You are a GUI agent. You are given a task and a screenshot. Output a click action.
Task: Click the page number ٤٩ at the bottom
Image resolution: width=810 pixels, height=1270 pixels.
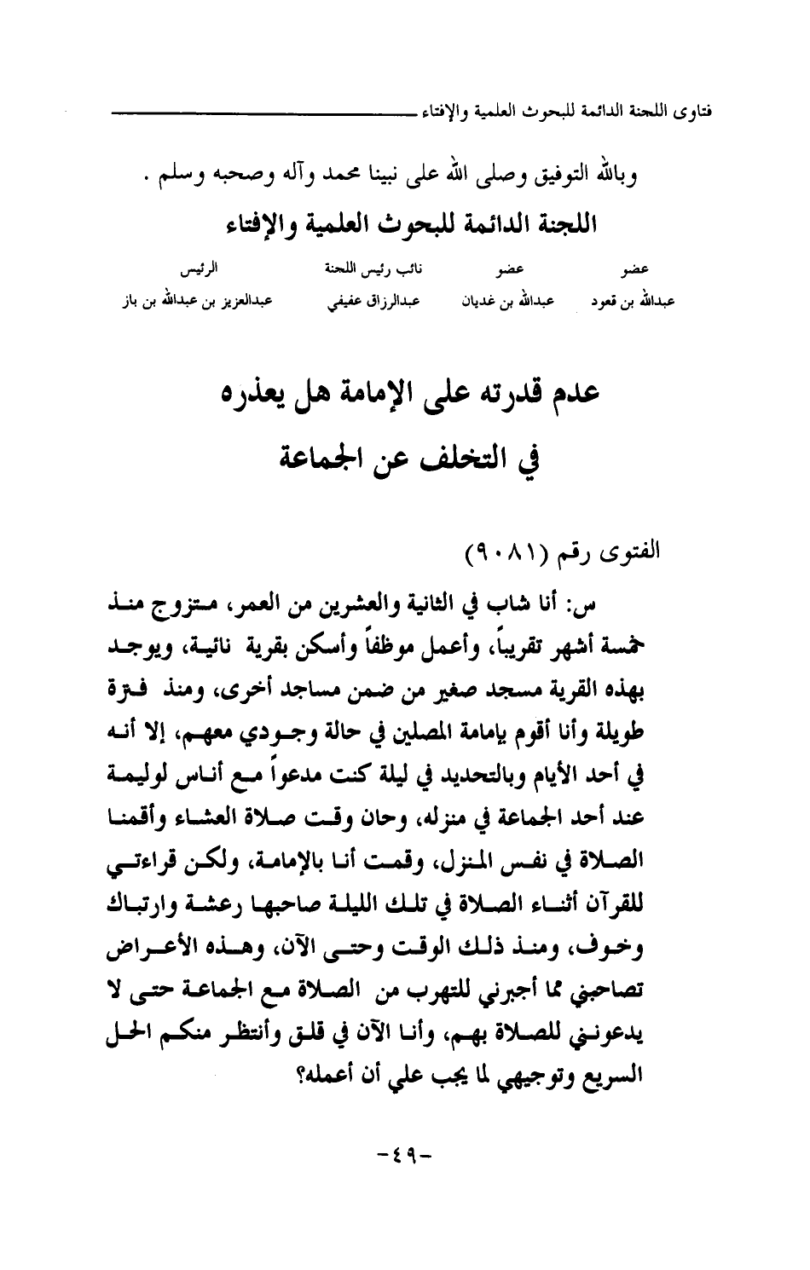tap(405, 1158)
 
